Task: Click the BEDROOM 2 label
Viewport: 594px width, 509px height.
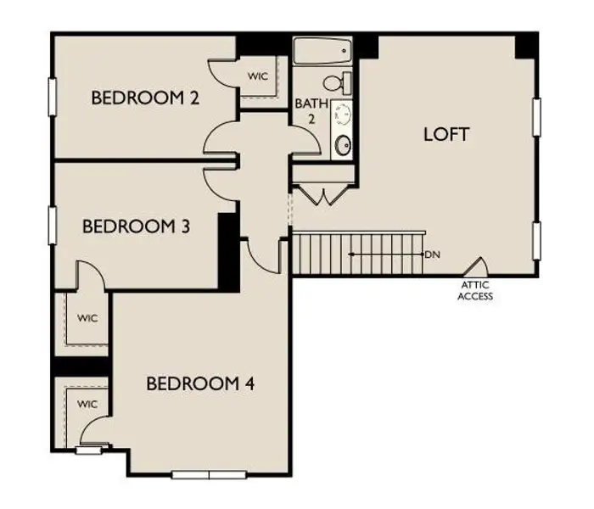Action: pos(145,98)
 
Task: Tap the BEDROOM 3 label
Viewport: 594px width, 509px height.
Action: pos(135,227)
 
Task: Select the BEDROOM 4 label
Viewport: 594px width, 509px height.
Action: pos(200,383)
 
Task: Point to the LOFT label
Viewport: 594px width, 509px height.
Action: pos(446,134)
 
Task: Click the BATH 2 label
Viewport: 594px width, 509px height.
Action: pos(306,111)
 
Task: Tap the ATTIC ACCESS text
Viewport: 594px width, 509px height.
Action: pos(475,292)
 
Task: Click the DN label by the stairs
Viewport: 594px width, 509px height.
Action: pos(433,254)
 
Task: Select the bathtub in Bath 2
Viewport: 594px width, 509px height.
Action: pos(322,52)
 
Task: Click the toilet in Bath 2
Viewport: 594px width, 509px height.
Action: pos(339,83)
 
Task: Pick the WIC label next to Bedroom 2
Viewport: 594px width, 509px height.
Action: pos(258,76)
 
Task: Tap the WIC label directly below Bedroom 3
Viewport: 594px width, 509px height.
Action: pos(87,318)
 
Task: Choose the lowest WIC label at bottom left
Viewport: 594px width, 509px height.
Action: pos(87,404)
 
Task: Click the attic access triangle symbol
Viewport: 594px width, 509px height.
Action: pos(476,267)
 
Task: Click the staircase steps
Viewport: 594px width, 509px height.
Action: pos(356,252)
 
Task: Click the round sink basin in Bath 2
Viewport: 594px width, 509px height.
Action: pos(343,145)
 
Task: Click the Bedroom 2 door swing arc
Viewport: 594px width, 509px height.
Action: pos(221,136)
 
